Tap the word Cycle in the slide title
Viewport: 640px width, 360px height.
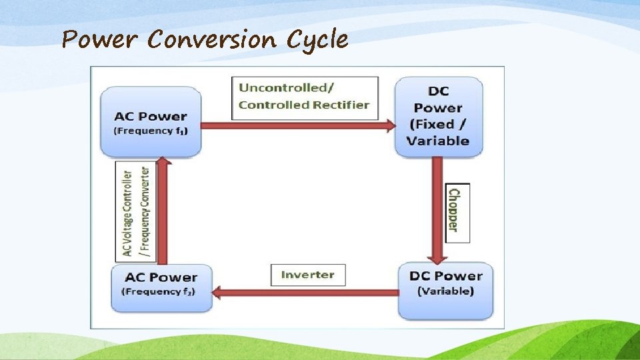[317, 41]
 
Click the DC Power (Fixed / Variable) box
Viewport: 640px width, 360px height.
[439, 117]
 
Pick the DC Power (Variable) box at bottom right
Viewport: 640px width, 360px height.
[445, 291]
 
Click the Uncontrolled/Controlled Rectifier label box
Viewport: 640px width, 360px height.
[305, 97]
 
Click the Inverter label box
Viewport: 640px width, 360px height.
[308, 275]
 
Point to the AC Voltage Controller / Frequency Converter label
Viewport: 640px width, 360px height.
[135, 211]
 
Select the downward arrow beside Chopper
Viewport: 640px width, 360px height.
[437, 210]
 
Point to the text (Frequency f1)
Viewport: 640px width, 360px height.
[151, 131]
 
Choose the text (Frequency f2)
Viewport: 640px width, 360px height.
[158, 291]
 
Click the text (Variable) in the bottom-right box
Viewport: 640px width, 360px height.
[445, 291]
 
